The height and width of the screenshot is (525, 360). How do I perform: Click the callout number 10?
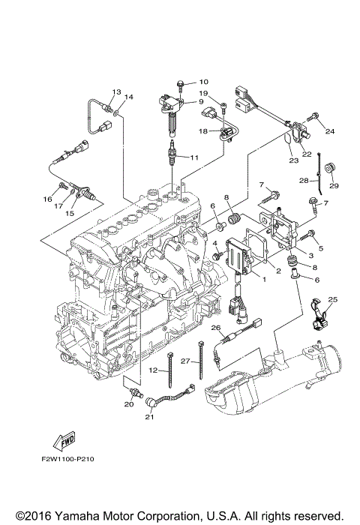click(203, 82)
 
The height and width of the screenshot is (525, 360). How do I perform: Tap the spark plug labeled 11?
click(172, 153)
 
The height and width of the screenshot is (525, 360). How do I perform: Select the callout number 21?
click(149, 417)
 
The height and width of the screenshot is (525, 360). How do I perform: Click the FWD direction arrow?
click(64, 441)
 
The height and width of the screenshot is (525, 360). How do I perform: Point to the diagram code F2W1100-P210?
click(67, 459)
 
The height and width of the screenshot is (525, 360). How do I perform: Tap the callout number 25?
click(333, 299)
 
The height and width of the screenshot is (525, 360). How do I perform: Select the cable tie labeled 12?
click(170, 370)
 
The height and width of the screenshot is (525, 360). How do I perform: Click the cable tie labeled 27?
click(201, 360)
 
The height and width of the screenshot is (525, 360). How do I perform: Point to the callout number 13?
click(116, 91)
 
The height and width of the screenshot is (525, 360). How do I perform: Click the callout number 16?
click(47, 199)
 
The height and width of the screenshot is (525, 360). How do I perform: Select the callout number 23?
click(294, 160)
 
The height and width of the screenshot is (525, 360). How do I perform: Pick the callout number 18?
click(203, 131)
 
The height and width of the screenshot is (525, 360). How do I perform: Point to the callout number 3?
click(310, 256)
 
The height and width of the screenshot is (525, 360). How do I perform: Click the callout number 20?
click(129, 404)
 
